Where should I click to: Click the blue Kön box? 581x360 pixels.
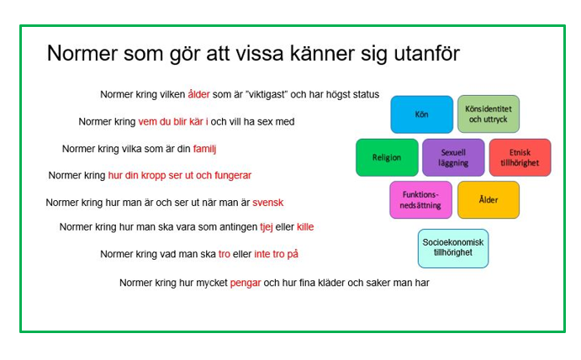(421, 114)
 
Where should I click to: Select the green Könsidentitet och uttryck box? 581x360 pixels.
(488, 114)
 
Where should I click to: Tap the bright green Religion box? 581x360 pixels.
(387, 157)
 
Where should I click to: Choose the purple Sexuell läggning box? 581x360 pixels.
(453, 157)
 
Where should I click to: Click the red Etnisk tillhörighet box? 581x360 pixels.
(520, 157)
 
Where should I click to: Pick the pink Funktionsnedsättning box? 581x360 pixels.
(420, 200)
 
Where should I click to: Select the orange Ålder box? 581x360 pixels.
(488, 200)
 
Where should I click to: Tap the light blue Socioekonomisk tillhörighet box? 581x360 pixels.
(452, 248)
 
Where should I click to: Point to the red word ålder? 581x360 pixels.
(199, 95)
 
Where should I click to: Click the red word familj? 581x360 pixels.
(205, 149)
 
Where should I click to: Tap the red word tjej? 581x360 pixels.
(267, 227)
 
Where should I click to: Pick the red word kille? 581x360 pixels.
(305, 227)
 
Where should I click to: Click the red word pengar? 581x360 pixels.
(246, 283)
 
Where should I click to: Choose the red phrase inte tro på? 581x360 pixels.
(276, 254)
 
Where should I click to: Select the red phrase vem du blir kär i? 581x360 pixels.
(173, 122)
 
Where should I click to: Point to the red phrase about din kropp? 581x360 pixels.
(180, 176)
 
